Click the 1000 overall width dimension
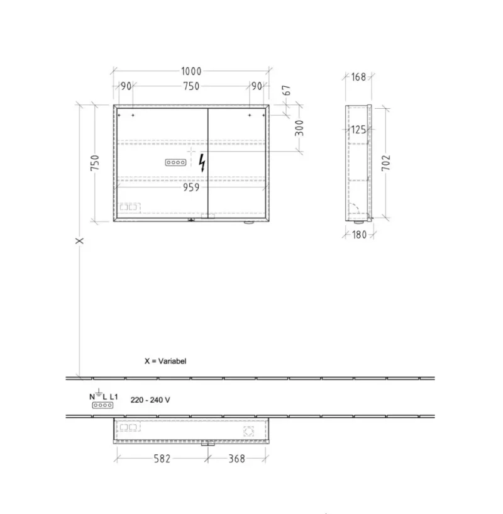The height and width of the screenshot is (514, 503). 191,71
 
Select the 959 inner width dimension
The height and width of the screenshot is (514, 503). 191,187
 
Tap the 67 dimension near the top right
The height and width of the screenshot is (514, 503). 287,90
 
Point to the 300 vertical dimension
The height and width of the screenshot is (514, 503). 299,128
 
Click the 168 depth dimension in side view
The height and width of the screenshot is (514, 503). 358,77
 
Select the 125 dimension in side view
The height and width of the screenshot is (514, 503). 358,130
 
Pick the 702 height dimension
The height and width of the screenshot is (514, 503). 386,163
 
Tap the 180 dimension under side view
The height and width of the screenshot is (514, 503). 359,235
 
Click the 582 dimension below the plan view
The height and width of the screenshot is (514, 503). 162,459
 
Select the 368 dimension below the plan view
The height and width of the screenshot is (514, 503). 236,459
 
